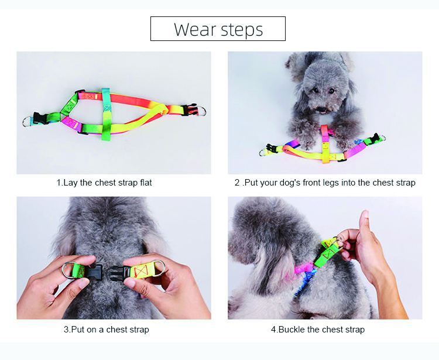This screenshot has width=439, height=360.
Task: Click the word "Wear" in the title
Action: [195, 29]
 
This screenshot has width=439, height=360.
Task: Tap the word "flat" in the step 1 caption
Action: [146, 183]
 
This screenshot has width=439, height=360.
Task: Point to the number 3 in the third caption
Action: [66, 330]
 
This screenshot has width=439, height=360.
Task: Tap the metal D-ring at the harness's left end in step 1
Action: [28, 122]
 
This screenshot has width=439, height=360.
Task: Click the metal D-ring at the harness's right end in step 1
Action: [202, 111]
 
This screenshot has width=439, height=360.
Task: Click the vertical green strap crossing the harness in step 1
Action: [106, 114]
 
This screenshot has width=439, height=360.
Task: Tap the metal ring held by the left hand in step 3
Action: [68, 270]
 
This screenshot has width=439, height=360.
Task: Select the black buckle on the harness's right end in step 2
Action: [374, 138]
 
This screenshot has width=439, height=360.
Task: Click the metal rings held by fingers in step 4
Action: [338, 242]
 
